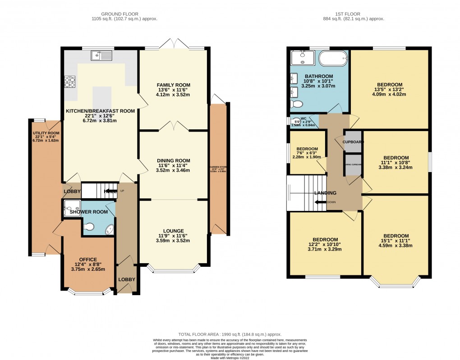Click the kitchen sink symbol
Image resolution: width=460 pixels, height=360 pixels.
click(x=101, y=55)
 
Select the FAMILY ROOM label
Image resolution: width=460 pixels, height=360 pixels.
click(x=173, y=85)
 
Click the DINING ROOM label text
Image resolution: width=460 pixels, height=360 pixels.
click(x=173, y=160)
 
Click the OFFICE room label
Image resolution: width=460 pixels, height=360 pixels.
click(x=88, y=259)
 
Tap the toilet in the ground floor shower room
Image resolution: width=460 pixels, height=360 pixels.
click(x=89, y=228)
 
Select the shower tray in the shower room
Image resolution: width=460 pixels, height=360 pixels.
click(x=72, y=208)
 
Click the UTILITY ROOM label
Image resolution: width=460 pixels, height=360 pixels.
click(x=46, y=133)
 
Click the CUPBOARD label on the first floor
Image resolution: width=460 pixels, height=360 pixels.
click(x=353, y=141)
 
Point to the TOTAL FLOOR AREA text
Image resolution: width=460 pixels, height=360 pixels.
click(x=230, y=334)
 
